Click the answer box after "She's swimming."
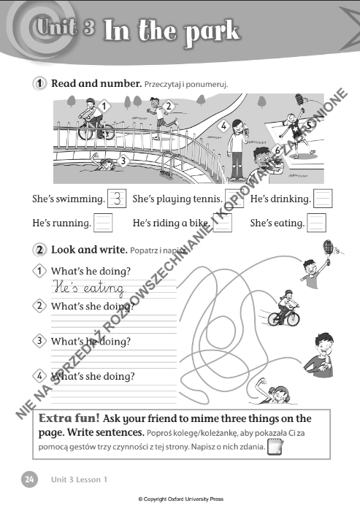click(117, 199)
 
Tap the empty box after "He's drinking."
click(323, 198)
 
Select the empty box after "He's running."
click(103, 223)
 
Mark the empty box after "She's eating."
click(316, 223)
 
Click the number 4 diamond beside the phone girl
click(223, 126)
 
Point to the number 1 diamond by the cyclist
click(104, 106)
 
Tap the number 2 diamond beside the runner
click(168, 106)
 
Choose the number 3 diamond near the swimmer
click(123, 161)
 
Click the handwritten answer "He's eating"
click(89, 288)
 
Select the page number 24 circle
click(29, 479)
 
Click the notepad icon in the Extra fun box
click(275, 447)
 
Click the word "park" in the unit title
click(212, 32)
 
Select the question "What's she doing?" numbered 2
click(93, 306)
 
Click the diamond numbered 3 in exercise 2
click(39, 340)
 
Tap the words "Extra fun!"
click(69, 418)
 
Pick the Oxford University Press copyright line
click(181, 499)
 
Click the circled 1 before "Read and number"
click(39, 83)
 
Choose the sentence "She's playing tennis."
click(177, 199)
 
